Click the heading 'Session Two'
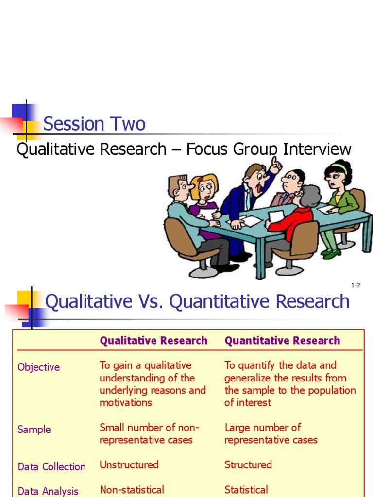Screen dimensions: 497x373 click(94, 124)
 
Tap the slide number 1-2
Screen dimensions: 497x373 click(356, 285)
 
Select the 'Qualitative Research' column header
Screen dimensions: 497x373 click(153, 341)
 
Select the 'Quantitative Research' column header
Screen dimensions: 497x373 click(282, 341)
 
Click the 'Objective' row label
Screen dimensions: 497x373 click(39, 367)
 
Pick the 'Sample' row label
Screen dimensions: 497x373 click(34, 430)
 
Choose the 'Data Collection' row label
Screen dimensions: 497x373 click(51, 467)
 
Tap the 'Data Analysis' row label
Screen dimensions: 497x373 click(48, 491)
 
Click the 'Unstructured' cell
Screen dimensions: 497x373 click(129, 464)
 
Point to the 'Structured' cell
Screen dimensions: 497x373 click(248, 464)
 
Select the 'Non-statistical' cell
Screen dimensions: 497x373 click(132, 490)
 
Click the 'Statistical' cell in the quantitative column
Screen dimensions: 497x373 click(246, 490)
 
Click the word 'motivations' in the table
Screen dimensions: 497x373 click(126, 403)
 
